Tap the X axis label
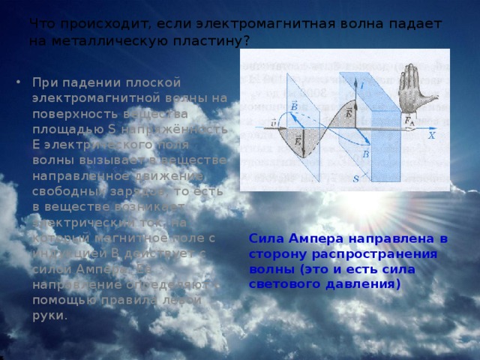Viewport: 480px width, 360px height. [x=431, y=137]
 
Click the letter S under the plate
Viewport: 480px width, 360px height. [x=355, y=178]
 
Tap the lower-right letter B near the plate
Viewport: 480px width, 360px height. [x=366, y=154]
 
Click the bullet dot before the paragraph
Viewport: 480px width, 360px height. [x=18, y=82]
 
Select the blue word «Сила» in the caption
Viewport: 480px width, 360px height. [x=265, y=238]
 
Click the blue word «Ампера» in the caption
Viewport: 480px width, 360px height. [x=313, y=238]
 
